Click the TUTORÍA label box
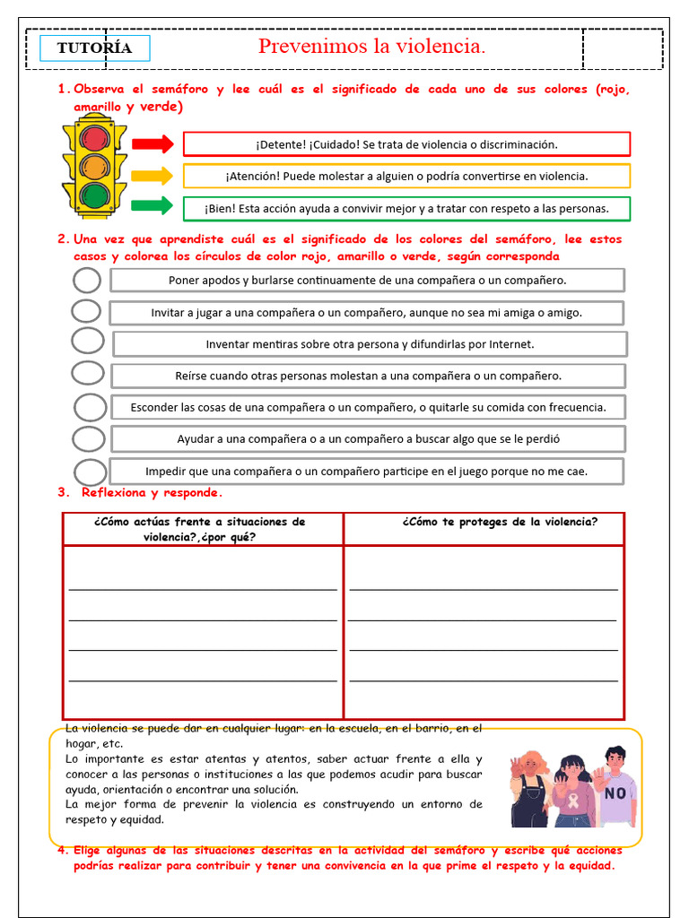pos(95,48)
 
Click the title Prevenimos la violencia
pos(371,47)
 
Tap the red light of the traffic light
pos(93,137)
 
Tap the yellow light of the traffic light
pos(93,166)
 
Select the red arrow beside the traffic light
pos(152,143)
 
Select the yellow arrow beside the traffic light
pos(152,176)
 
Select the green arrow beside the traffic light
pos(152,206)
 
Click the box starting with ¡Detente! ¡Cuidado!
pos(406,144)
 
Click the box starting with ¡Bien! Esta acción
pos(406,209)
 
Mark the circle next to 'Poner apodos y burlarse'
pos(87,281)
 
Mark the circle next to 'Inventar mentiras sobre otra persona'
pos(88,341)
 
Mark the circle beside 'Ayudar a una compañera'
pos(88,438)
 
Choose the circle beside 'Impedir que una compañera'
pos(90,472)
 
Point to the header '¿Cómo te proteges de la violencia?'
pos(500,522)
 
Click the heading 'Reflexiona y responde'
pos(152,492)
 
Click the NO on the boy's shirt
pos(615,793)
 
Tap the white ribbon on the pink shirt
pos(571,797)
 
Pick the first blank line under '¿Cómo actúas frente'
pos(203,588)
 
